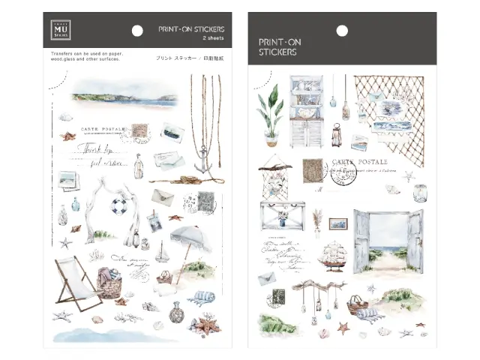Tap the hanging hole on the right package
(342, 31)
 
